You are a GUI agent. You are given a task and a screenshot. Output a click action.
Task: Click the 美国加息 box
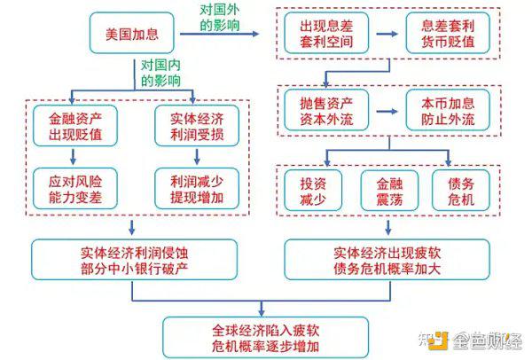131,33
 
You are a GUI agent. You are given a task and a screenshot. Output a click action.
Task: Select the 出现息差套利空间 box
326,34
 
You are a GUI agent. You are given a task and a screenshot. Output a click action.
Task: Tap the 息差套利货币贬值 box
448,34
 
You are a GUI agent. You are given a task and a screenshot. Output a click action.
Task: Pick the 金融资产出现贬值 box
75,126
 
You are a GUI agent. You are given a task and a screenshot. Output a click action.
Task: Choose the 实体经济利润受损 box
197,126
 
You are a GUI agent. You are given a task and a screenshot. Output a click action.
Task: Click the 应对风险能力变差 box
75,189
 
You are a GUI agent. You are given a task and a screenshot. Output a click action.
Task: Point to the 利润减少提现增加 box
197,189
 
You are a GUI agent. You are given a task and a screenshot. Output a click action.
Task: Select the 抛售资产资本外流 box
326,110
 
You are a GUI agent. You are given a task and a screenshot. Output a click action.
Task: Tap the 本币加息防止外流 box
448,110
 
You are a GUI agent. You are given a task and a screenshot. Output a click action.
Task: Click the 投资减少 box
313,191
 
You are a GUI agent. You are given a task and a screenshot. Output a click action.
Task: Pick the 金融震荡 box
389,191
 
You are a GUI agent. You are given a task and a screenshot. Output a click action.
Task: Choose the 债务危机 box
461,191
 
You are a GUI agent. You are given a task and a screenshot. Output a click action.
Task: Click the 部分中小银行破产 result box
135,260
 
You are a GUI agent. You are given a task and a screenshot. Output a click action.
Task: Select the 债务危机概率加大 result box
387,260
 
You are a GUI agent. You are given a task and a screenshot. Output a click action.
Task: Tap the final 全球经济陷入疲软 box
266,337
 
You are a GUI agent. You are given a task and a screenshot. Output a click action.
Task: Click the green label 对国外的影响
219,18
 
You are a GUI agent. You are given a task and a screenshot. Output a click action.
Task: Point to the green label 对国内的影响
160,73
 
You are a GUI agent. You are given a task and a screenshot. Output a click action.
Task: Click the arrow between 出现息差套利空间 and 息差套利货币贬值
387,34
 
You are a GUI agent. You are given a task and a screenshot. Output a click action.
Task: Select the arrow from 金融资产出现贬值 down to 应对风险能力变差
73,156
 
